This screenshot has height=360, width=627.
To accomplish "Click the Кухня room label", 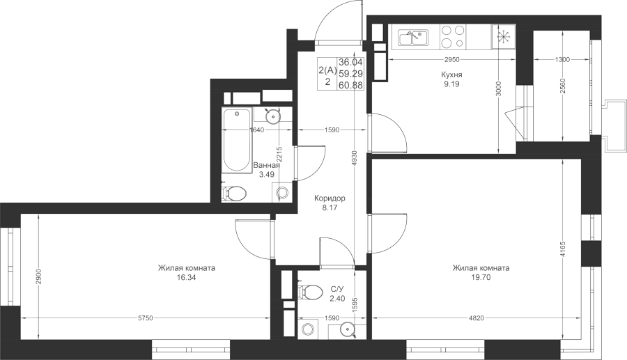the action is point(452,75).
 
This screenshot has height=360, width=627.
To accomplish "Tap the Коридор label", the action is point(330,198).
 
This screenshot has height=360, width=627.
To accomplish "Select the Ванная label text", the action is point(267,165).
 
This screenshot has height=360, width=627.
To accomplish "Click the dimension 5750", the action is point(145,318).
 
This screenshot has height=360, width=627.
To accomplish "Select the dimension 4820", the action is point(477,318).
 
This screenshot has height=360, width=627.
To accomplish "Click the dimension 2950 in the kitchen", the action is point(452,59).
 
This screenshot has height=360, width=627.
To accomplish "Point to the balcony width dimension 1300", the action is point(562,59).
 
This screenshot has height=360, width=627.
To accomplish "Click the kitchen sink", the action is point(413,37).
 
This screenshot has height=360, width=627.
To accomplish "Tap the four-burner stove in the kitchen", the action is point(453,36).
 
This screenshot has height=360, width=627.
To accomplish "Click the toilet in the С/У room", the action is point(310,291).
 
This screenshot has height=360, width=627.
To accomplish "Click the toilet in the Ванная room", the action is point(234,194).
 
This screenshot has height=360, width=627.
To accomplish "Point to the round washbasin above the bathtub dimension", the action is point(273,117).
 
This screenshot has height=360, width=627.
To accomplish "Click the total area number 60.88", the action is point(350,85).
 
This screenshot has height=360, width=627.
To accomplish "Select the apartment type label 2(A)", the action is point(328,71).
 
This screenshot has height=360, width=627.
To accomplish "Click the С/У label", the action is point(337,288).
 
